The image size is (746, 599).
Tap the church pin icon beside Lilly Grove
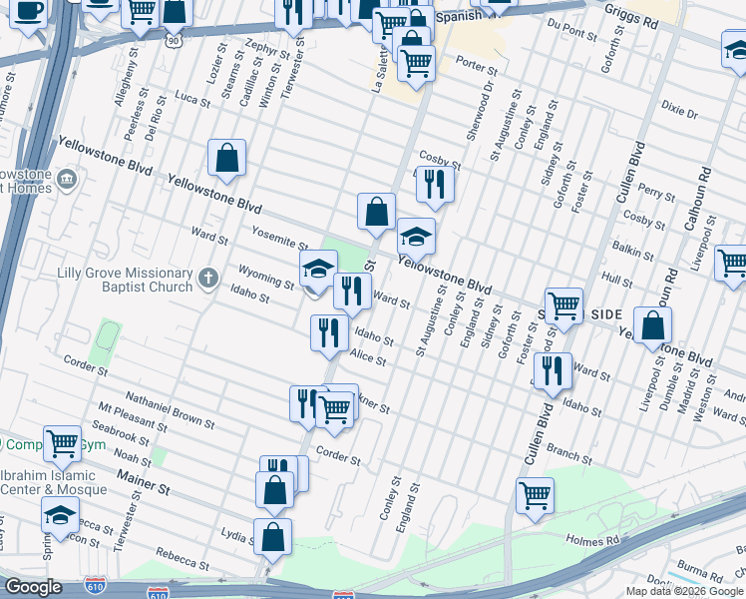[x=207, y=277]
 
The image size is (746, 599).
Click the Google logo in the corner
[x=33, y=587]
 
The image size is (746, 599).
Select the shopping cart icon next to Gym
[x=62, y=440]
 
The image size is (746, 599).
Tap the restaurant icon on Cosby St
[x=435, y=183]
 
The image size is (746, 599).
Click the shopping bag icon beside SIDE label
[x=652, y=324]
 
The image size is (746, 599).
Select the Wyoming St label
[x=265, y=276]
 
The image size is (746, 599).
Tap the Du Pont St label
[x=564, y=34]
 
